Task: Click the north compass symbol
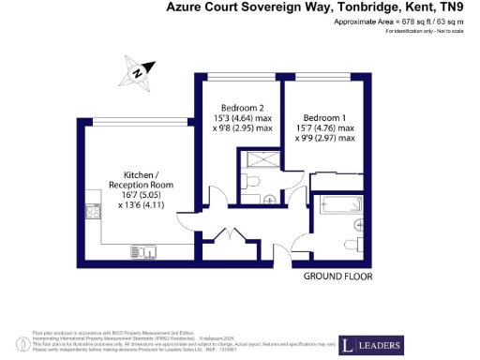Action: pyautogui.click(x=137, y=71)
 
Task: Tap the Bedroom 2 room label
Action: pyautogui.click(x=234, y=107)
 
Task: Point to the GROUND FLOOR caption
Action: pyautogui.click(x=338, y=277)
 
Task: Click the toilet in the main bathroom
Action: pyautogui.click(x=357, y=225)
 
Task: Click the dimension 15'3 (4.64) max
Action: pyautogui.click(x=234, y=118)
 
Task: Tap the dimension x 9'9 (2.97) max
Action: pyautogui.click(x=326, y=139)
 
